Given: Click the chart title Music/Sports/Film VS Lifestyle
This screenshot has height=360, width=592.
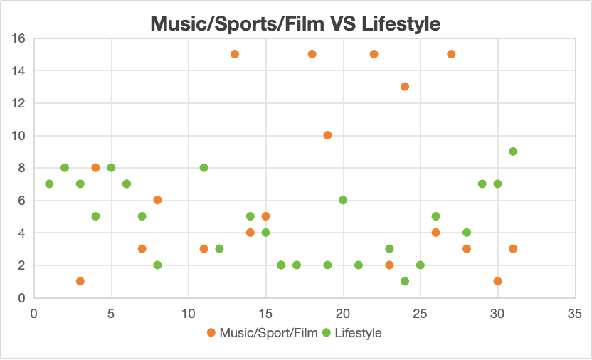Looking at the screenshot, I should click(295, 23).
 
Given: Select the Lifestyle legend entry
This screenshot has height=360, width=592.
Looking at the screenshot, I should click(358, 333).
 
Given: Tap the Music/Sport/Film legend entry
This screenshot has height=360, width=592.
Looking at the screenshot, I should click(258, 333).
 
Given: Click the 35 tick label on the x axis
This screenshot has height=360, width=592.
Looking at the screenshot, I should click(575, 312).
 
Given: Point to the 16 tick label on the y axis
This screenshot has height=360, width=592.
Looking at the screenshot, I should click(19, 38).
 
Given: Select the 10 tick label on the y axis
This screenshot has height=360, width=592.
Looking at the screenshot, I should click(19, 136).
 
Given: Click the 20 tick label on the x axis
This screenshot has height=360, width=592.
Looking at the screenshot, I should click(343, 312).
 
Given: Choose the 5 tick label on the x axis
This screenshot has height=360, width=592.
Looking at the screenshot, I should click(111, 312).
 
